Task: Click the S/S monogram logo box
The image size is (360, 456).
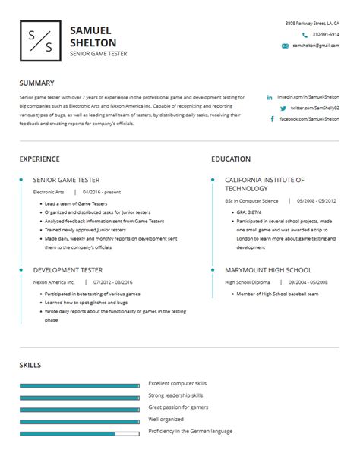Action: pyautogui.click(x=40, y=41)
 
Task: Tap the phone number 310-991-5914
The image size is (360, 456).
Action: pyautogui.click(x=326, y=34)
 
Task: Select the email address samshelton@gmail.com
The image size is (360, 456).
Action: pyautogui.click(x=316, y=46)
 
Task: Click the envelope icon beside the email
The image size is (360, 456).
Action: pyautogui.click(x=285, y=46)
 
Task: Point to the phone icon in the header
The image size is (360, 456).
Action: pyautogui.click(x=305, y=35)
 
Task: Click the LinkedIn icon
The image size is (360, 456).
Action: pyautogui.click(x=270, y=98)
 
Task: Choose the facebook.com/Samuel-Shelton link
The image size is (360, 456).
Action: pyautogui.click(x=309, y=119)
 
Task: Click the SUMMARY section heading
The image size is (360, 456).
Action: pyautogui.click(x=36, y=83)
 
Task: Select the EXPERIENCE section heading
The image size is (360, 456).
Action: pyautogui.click(x=39, y=159)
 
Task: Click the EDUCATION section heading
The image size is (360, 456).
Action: pyautogui.click(x=231, y=159)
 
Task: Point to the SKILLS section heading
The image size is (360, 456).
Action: pyautogui.click(x=31, y=366)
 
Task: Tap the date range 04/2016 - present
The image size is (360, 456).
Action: pyautogui.click(x=103, y=193)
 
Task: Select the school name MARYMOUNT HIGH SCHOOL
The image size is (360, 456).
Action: pyautogui.click(x=268, y=269)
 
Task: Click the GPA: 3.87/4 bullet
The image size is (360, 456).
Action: pyautogui.click(x=250, y=212)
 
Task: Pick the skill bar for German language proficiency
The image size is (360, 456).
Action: pyautogui.click(x=79, y=434)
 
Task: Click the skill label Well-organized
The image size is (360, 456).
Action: pyautogui.click(x=166, y=419)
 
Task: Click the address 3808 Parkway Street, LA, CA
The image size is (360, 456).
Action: pyautogui.click(x=312, y=24)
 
